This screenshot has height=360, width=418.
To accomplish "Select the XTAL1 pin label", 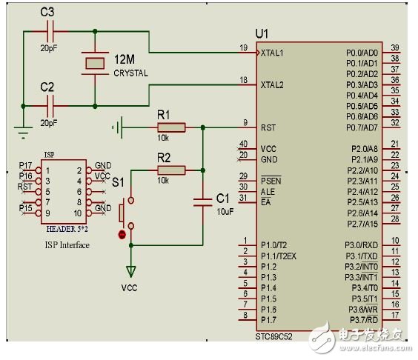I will [x=273, y=54].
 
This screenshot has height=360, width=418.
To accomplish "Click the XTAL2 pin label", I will [x=273, y=85].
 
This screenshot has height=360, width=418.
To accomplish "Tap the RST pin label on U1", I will [x=268, y=128].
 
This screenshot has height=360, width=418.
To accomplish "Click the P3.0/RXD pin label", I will [x=361, y=245].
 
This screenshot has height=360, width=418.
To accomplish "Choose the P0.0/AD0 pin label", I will [x=362, y=53].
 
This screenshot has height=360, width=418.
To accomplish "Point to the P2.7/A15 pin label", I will [x=362, y=224].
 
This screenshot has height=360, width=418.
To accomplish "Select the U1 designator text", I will [x=261, y=34].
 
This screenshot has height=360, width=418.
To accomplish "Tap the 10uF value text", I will [x=225, y=212].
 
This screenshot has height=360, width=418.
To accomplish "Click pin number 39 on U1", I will [x=395, y=47].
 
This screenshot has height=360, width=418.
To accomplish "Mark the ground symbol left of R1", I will [x=117, y=127].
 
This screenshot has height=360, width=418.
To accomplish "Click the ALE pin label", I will [x=267, y=191].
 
